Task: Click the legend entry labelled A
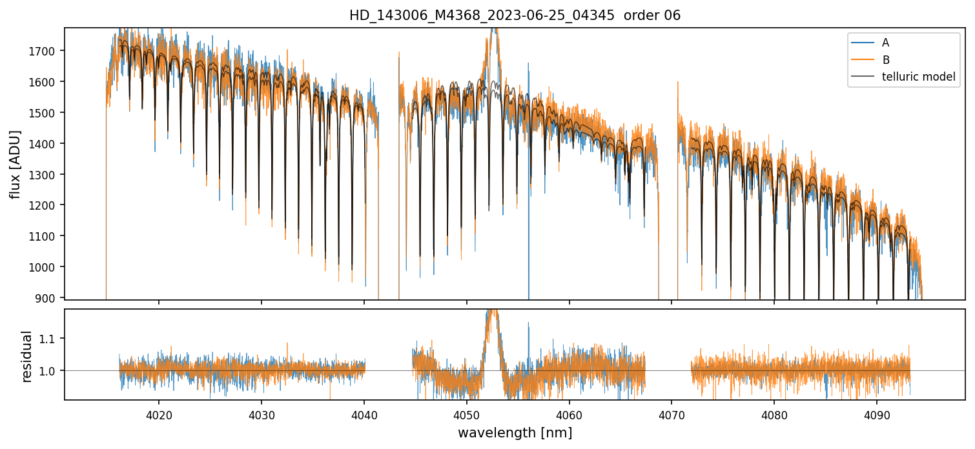click(885, 43)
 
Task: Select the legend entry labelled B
click(885, 60)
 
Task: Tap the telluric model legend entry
click(918, 77)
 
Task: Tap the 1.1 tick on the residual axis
click(52, 339)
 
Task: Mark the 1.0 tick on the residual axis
click(52, 371)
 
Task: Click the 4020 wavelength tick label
click(159, 414)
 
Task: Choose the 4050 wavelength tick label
click(466, 414)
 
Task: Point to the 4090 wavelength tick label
click(877, 414)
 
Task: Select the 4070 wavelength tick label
click(672, 414)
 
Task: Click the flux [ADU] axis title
click(15, 164)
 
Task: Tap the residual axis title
click(27, 356)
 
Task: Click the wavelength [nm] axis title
click(515, 432)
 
